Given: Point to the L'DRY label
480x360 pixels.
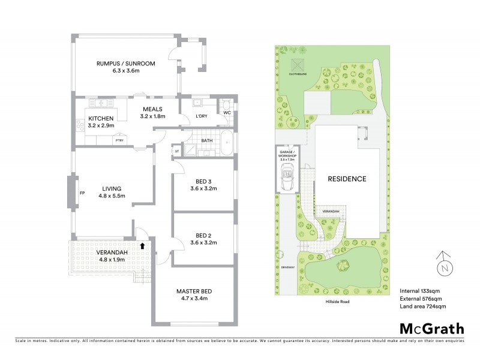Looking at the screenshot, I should pyautogui.click(x=202, y=116).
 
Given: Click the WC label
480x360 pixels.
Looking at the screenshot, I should pyautogui.click(x=226, y=112).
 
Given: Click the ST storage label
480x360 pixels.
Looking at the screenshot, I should pyautogui.click(x=177, y=152).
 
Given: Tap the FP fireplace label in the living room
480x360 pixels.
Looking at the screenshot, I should pyautogui.click(x=82, y=193).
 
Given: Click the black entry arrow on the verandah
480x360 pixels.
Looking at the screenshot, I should pyautogui.click(x=142, y=245).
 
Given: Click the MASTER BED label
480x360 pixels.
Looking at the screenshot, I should pyautogui.click(x=193, y=292).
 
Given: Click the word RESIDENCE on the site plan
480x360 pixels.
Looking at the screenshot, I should pyautogui.click(x=346, y=179).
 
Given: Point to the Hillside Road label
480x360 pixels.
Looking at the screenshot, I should pyautogui.click(x=337, y=302).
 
